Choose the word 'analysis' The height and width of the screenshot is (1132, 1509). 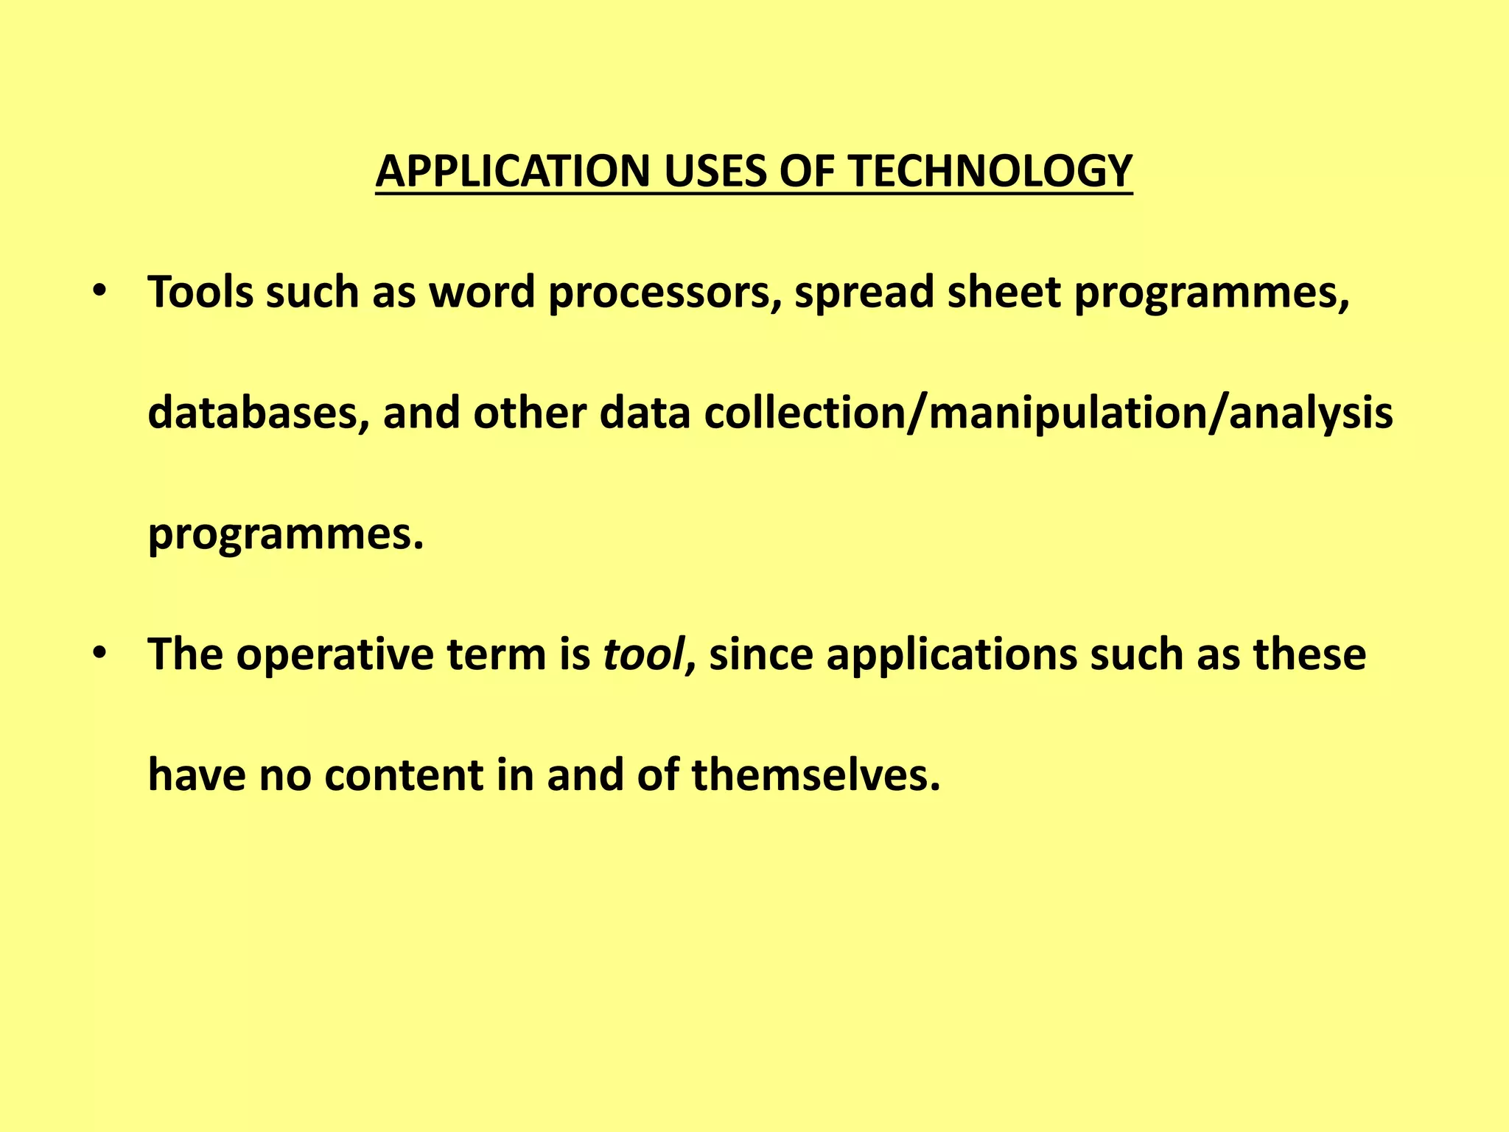(x=1311, y=414)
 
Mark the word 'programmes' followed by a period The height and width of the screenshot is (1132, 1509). (x=280, y=535)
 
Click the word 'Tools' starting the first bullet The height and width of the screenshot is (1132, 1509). (x=200, y=293)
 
